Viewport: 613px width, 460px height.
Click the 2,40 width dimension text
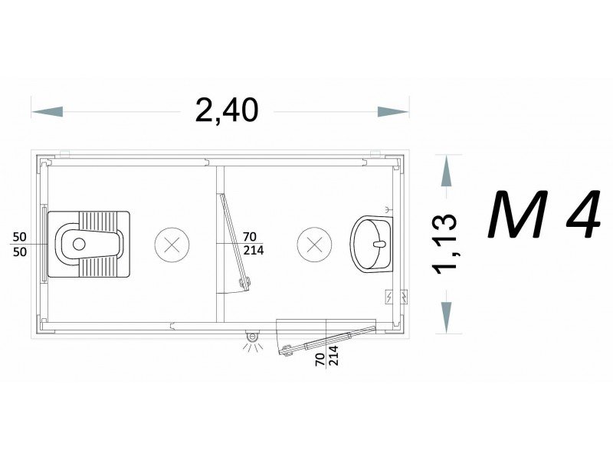click(227, 110)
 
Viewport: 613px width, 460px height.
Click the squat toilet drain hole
click(79, 244)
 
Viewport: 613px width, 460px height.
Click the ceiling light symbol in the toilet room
click(172, 245)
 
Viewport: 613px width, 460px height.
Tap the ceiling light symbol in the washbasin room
click(314, 245)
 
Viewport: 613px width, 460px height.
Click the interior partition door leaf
click(234, 242)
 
